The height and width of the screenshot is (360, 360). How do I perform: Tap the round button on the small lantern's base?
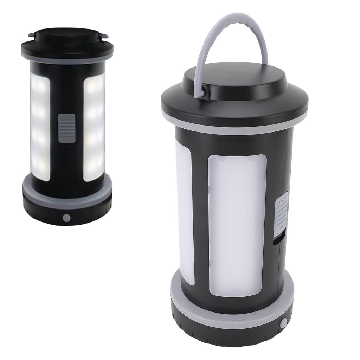click(x=66, y=218)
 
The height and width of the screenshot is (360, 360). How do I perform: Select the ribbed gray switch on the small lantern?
click(x=67, y=128)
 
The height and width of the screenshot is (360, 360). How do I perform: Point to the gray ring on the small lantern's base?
click(x=67, y=202)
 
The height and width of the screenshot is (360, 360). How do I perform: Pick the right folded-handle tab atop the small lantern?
click(x=103, y=35)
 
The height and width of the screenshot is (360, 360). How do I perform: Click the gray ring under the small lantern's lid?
click(x=67, y=60)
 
